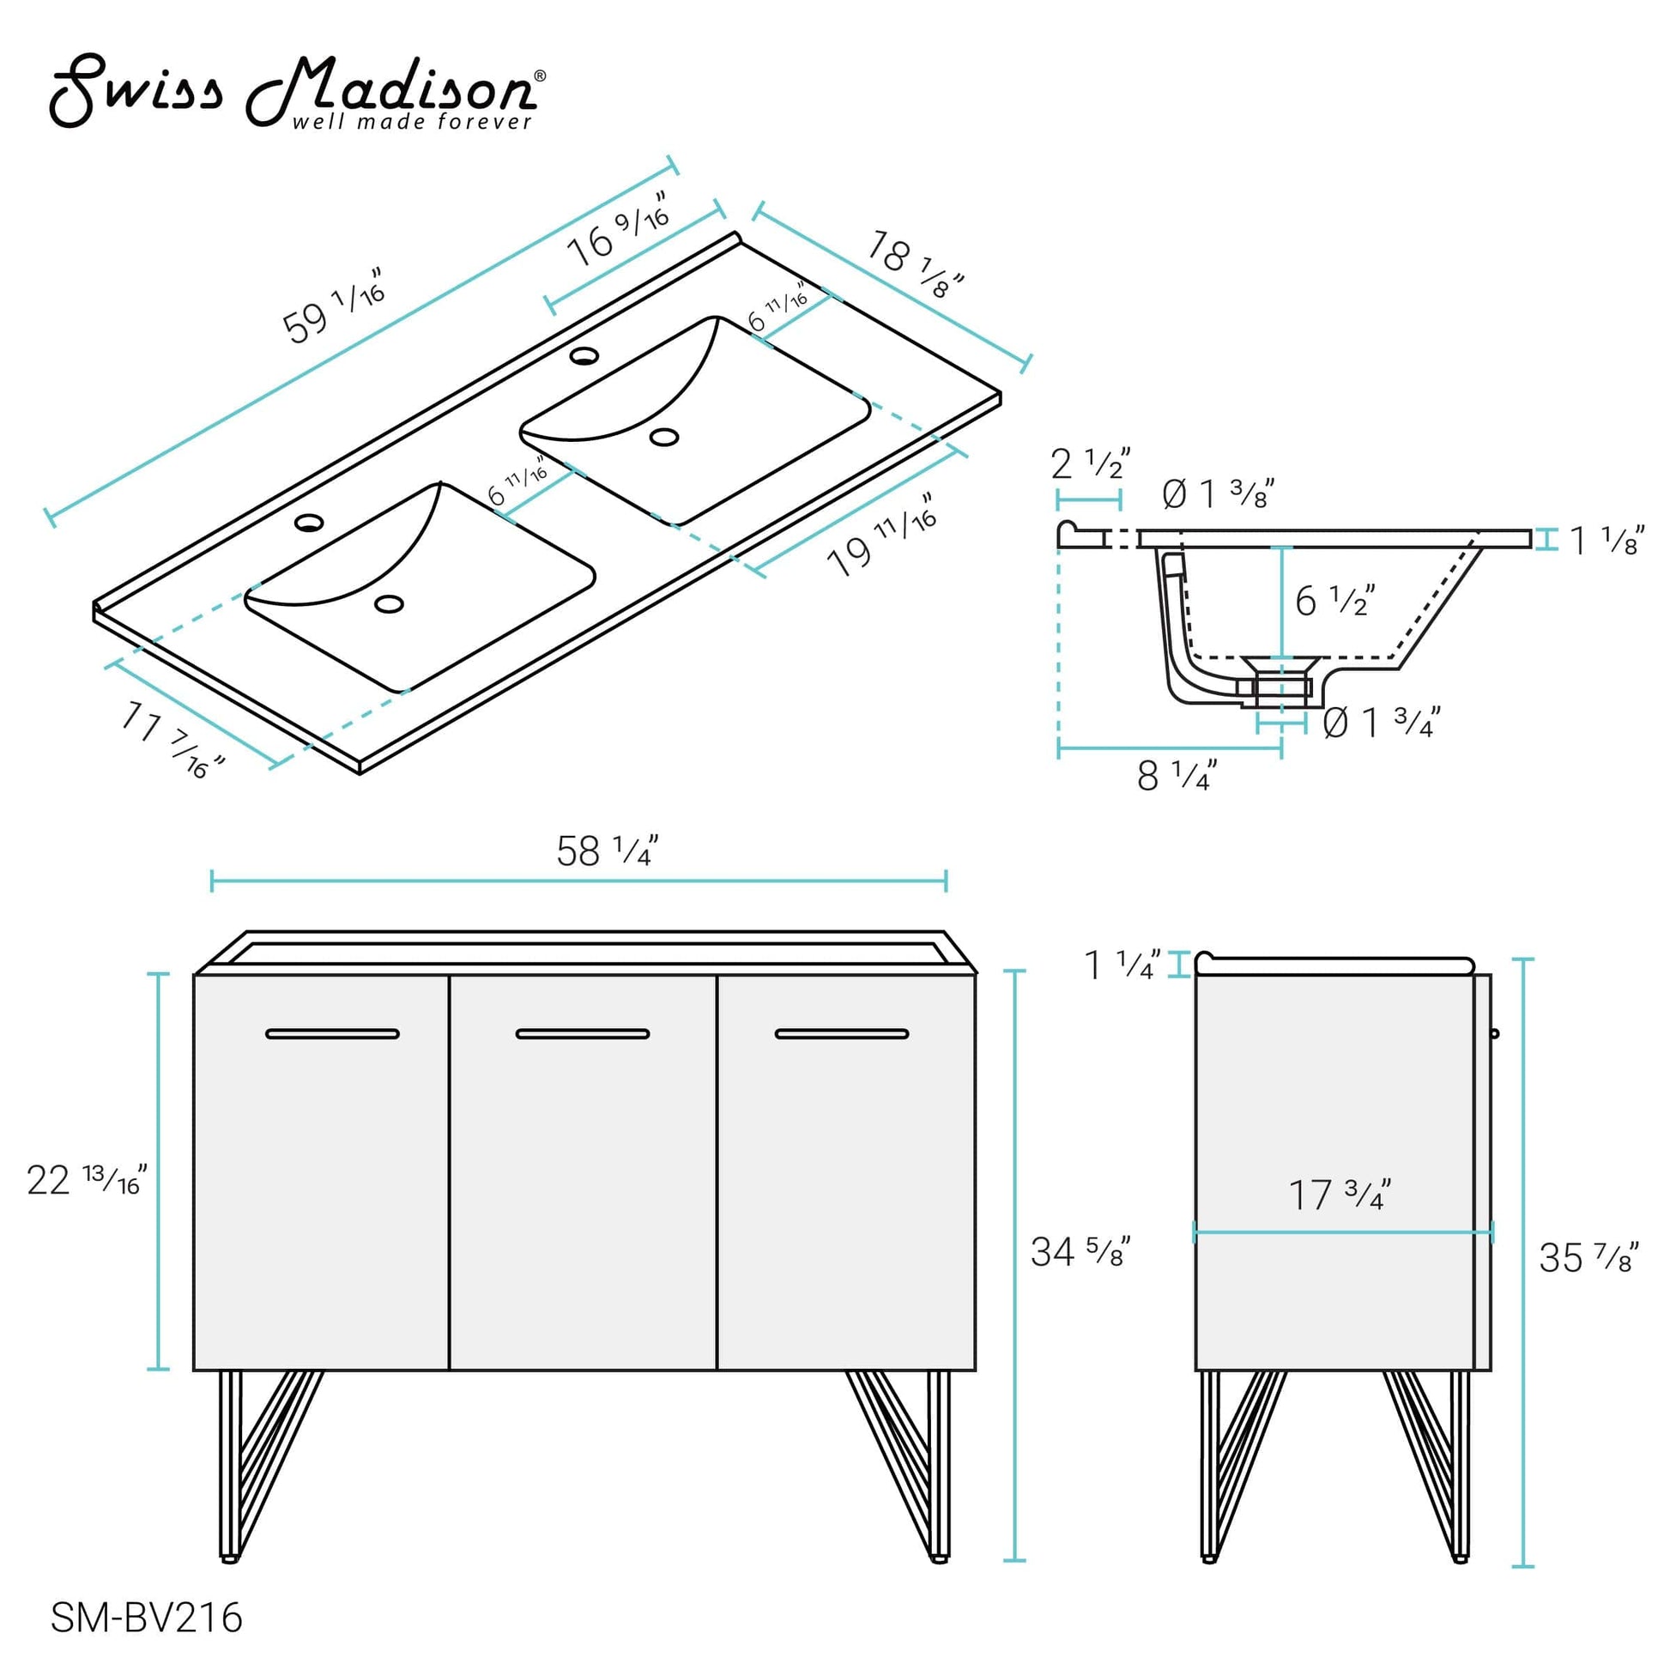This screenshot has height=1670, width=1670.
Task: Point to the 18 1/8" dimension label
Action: (915, 263)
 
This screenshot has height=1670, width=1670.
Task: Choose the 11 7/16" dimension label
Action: (172, 739)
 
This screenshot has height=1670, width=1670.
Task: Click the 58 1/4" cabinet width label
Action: (607, 851)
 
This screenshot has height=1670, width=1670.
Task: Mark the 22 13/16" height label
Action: (87, 1180)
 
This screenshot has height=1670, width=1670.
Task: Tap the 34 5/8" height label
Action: (1080, 1251)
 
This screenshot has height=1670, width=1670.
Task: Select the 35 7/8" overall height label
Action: (1588, 1258)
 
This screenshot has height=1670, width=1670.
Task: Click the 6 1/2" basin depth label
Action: (1334, 601)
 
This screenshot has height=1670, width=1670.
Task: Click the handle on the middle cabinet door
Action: (583, 1034)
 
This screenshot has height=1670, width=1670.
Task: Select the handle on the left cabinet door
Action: (333, 1034)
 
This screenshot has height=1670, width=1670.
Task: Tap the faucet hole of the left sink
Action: (309, 523)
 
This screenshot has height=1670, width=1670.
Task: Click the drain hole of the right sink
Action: (664, 438)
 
